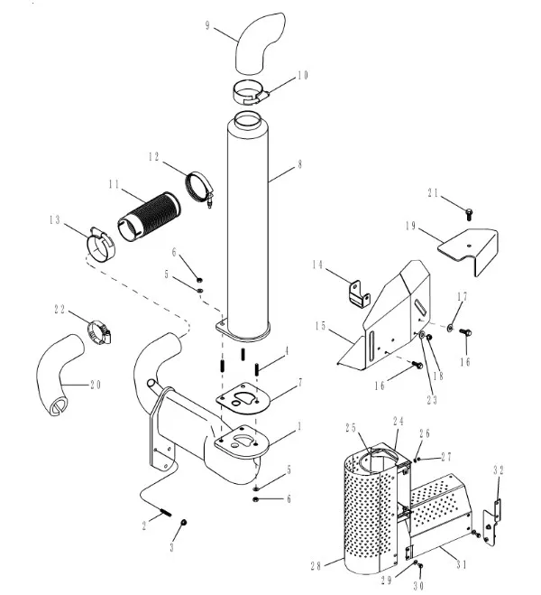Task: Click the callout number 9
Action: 209,26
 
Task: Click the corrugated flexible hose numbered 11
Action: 149,212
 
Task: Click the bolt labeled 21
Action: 469,213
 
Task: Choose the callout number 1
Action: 298,425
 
